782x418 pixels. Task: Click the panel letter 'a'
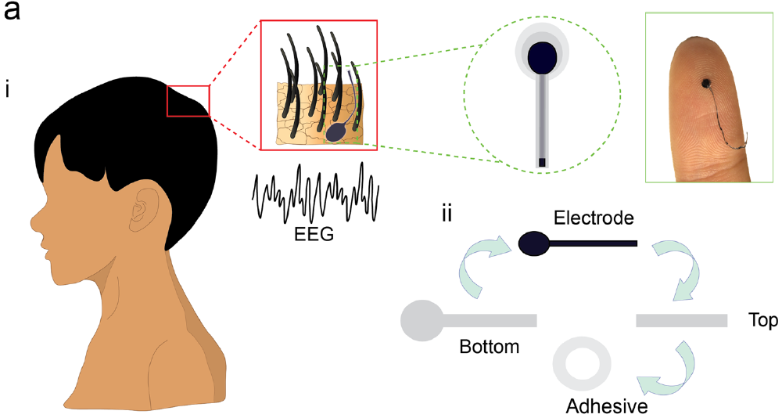coord(12,11)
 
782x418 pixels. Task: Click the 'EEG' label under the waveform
coord(314,234)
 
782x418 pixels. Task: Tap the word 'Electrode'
coord(594,218)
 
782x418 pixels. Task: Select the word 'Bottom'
coord(490,347)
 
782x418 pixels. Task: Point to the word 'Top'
coord(762,321)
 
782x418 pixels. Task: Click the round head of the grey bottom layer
coord(422,321)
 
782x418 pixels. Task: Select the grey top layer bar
coord(681,321)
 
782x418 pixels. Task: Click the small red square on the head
coord(188,102)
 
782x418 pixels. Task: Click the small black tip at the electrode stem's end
coord(542,163)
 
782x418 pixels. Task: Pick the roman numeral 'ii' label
coord(447,213)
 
